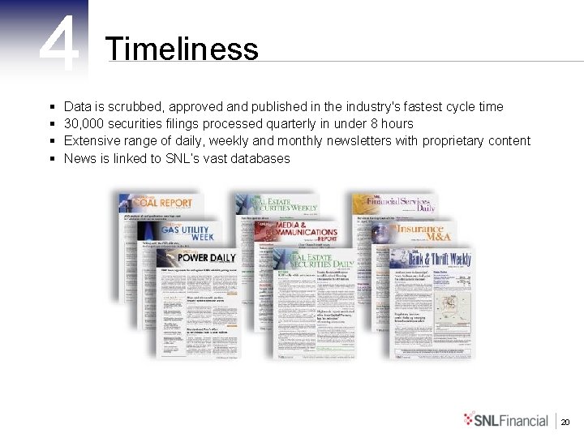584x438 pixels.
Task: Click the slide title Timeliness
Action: click(x=182, y=49)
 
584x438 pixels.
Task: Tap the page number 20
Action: click(x=565, y=421)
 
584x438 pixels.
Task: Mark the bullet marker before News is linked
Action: click(x=52, y=159)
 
